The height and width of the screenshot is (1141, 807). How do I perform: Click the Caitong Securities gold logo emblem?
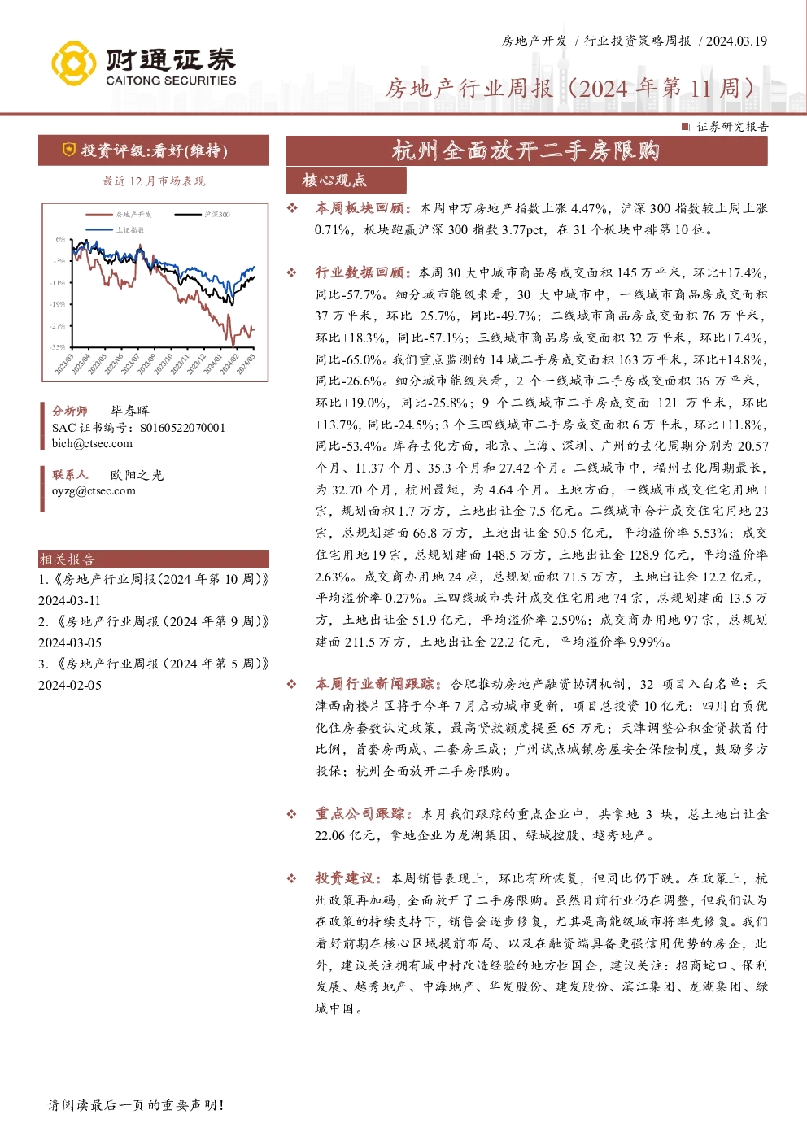click(x=74, y=63)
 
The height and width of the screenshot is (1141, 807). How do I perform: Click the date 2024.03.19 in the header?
click(x=737, y=41)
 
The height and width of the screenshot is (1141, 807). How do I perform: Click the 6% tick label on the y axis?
click(x=60, y=239)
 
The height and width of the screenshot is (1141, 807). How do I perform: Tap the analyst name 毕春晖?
click(x=130, y=411)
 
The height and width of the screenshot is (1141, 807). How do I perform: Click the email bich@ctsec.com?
click(x=92, y=444)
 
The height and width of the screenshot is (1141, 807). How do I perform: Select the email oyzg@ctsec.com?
click(x=94, y=490)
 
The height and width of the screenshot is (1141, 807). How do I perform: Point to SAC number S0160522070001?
click(x=182, y=428)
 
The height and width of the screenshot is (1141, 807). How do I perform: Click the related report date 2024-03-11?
click(x=70, y=600)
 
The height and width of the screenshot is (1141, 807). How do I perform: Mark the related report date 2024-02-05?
click(x=70, y=685)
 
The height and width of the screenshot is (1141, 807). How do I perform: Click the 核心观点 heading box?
click(x=346, y=181)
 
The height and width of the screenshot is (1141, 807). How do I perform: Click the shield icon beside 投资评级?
click(x=69, y=150)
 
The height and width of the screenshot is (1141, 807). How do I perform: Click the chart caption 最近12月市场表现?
click(x=154, y=181)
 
